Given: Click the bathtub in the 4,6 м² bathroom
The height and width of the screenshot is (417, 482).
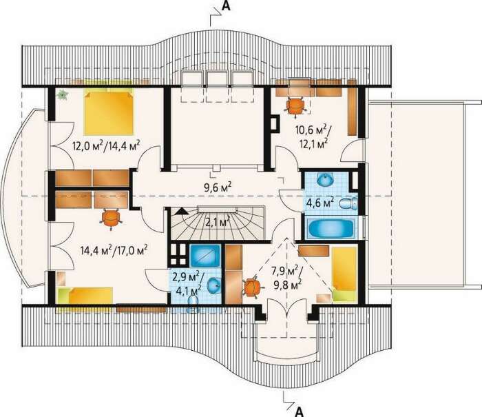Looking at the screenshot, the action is coord(331,228).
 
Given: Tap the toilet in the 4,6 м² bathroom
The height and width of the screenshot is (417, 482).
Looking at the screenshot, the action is coord(349,203).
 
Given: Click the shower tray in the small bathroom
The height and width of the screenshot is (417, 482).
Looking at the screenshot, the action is coord(205,256).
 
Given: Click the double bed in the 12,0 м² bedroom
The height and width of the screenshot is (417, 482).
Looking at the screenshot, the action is coord(109,112).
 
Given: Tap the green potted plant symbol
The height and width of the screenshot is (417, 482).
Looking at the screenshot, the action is coord(63,94).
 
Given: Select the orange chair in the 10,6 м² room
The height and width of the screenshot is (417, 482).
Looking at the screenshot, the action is coord(295,105).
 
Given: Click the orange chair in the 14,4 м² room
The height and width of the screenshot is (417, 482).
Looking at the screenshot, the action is coord(111,218).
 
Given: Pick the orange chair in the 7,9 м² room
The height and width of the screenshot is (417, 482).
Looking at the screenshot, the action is coord(252,287).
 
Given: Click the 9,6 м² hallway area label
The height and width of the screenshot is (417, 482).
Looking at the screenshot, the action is coord(218,187).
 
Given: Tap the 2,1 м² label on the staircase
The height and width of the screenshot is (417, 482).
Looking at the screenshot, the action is coord(218,221).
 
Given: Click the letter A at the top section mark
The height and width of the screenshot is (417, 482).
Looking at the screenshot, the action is coord(226,6).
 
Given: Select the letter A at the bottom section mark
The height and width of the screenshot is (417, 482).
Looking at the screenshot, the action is coord(300,411).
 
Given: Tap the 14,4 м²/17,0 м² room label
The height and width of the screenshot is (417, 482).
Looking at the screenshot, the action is coord(114,250).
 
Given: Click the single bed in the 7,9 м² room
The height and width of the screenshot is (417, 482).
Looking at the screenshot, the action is coord(344,274).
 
